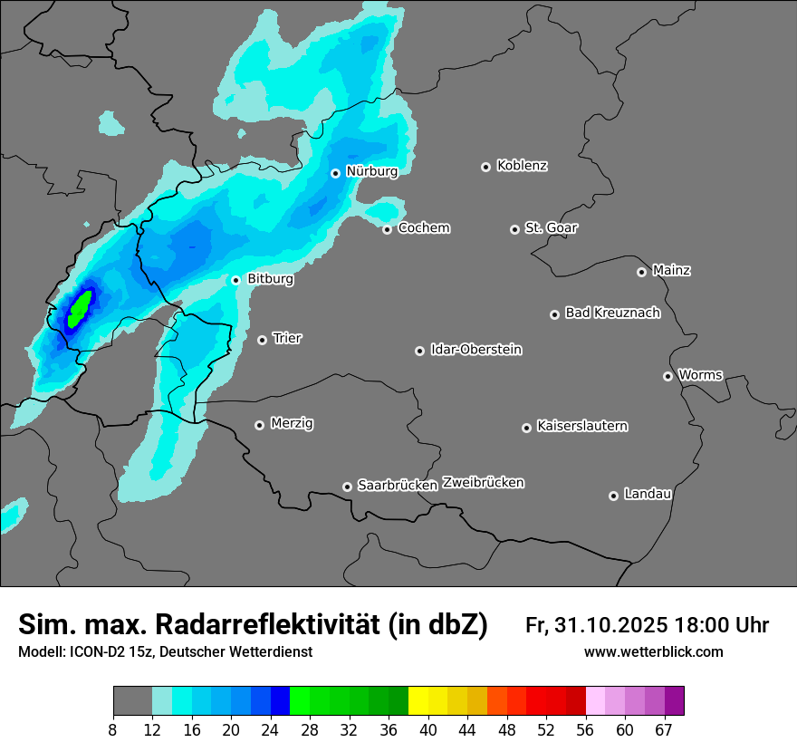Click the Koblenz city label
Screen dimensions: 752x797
[x=523, y=166]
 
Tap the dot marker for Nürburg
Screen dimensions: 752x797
[x=335, y=173]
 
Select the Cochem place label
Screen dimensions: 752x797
[x=424, y=227]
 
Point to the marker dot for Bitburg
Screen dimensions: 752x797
[x=235, y=280]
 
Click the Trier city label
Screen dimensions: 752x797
[x=287, y=338]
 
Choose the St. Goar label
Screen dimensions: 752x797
[x=551, y=227]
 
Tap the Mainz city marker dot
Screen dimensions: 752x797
[x=641, y=272]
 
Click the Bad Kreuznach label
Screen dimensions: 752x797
[x=612, y=313]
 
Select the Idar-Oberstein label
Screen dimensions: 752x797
[x=475, y=349]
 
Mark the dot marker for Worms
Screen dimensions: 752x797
[x=667, y=376]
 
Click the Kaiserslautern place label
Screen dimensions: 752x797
[x=581, y=426]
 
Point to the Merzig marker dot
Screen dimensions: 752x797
[x=259, y=425]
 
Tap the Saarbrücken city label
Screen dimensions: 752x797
[x=398, y=485]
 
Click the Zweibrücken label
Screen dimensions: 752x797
[x=483, y=483]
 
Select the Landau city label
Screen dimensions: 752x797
[x=648, y=494]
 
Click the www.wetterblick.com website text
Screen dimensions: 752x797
[x=653, y=652]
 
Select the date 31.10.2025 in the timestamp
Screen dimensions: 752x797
[x=609, y=625]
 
